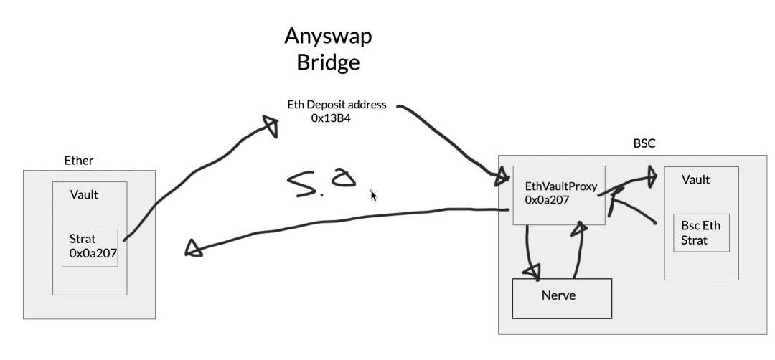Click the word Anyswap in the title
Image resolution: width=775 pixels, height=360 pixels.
tap(328, 36)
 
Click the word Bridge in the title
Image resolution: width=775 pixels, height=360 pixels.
tap(328, 62)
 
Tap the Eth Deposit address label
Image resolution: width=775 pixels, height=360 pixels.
tap(337, 105)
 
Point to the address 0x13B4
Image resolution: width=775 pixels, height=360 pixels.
tap(331, 118)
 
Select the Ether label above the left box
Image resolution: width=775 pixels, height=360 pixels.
tap(79, 161)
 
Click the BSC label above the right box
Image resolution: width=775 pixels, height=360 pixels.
tap(644, 144)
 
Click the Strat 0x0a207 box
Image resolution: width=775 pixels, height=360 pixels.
tap(90, 247)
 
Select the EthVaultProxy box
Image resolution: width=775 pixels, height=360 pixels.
tap(558, 194)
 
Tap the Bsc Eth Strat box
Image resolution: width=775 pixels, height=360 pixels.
tap(701, 232)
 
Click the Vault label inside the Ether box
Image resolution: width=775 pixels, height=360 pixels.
tap(84, 195)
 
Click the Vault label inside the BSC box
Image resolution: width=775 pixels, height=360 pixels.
tap(695, 180)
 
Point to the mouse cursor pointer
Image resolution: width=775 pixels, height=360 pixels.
tap(373, 195)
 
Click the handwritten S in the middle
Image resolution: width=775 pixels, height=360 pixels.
tap(303, 186)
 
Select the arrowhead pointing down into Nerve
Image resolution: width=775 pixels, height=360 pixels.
tap(532, 270)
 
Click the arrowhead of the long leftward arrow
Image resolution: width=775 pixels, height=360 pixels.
tap(192, 247)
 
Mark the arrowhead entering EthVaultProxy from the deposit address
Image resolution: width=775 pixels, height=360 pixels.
tap(499, 177)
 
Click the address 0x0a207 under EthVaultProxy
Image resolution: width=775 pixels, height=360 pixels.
tap(547, 200)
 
